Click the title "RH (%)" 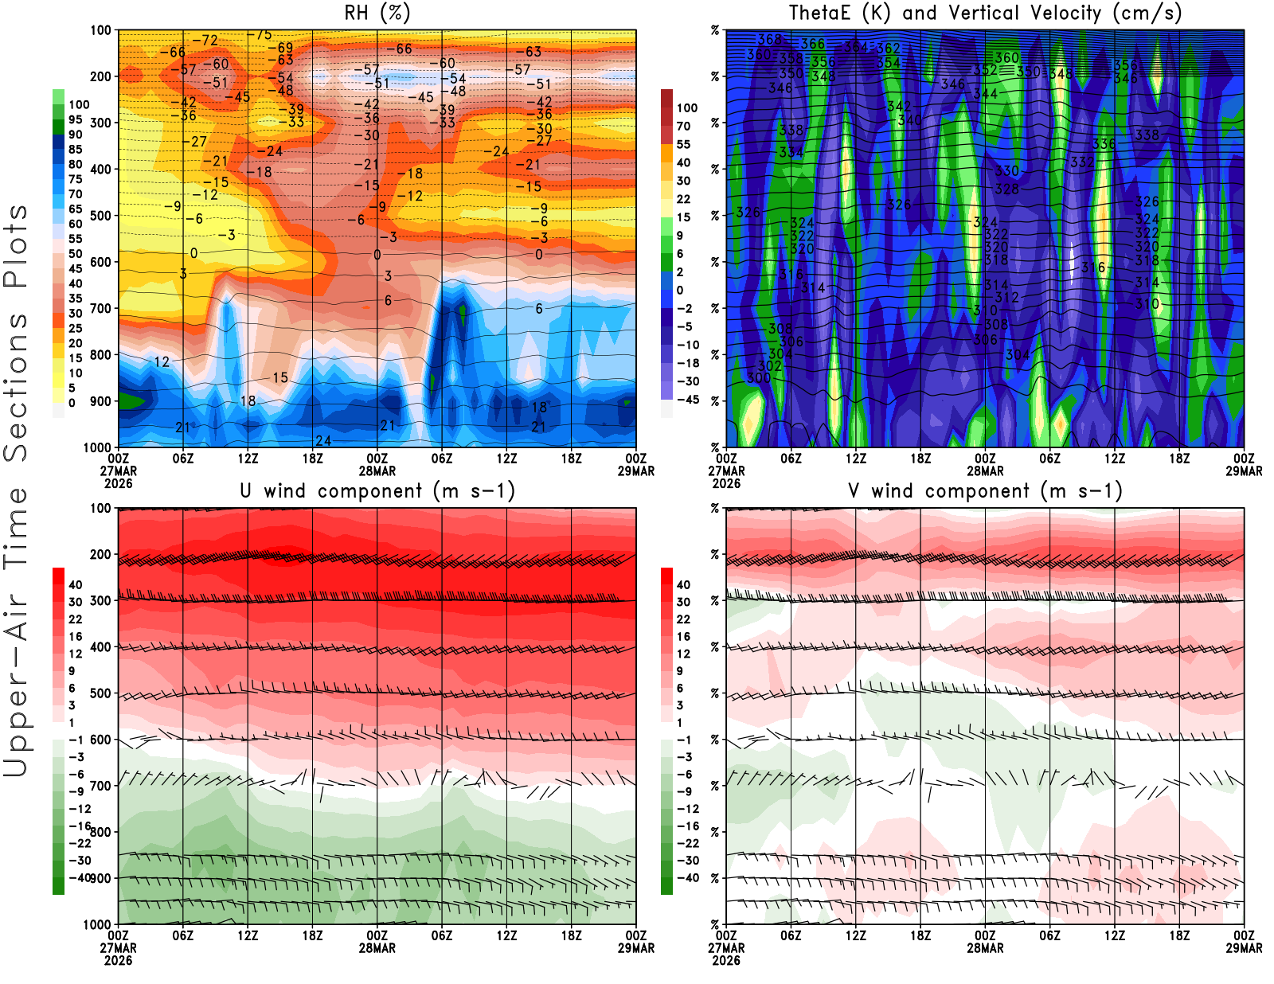377,14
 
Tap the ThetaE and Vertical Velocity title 985,14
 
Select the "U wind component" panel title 377,491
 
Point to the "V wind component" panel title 985,491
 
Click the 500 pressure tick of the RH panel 100,216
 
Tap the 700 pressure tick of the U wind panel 100,787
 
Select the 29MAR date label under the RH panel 636,471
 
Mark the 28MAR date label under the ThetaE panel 985,471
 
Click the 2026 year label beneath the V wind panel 726,961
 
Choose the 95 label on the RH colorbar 75,120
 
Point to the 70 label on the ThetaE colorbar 683,127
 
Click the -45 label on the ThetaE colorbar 687,400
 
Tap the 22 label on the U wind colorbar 75,619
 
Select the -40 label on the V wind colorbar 687,878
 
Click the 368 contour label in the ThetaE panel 769,40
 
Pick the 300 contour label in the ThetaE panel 758,377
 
